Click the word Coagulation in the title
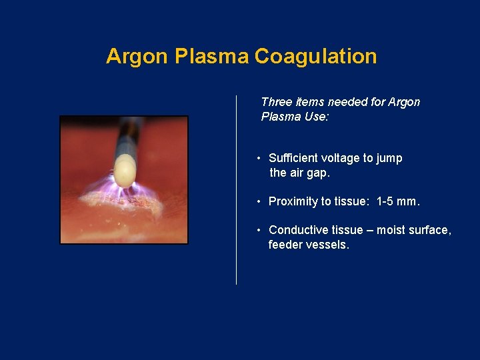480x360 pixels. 315,57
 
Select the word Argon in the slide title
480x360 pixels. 137,57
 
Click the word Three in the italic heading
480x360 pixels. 275,102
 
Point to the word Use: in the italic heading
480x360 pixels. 317,117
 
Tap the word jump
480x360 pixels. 389,159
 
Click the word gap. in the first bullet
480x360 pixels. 319,173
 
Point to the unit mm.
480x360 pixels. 411,201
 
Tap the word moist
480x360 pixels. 390,230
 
